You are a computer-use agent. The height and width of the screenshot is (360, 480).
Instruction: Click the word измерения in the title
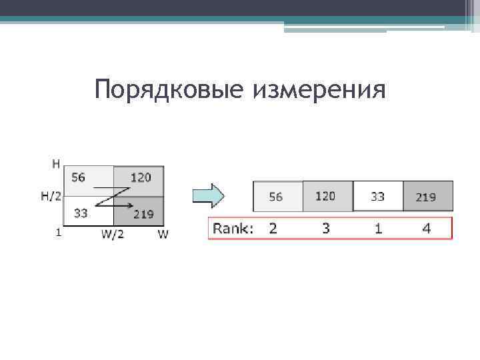[x=319, y=89]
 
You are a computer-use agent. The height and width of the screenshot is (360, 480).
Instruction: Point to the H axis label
[x=56, y=163]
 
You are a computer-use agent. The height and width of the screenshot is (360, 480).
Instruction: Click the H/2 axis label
[x=52, y=196]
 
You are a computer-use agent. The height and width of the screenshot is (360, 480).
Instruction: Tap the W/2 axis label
[x=113, y=235]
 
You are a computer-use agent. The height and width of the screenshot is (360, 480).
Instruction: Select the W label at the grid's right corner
[x=163, y=235]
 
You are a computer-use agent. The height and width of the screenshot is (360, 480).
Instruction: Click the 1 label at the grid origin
[x=59, y=233]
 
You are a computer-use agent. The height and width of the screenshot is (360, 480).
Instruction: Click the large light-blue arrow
[x=208, y=196]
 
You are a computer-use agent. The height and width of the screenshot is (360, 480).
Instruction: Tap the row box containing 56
[x=277, y=197]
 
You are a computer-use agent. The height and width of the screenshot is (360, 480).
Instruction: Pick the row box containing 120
[x=327, y=196]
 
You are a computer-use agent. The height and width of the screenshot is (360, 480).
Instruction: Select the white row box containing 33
[x=377, y=197]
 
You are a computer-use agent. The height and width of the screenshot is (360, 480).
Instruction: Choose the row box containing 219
[x=427, y=197]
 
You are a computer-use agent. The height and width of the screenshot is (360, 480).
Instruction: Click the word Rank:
[x=233, y=229]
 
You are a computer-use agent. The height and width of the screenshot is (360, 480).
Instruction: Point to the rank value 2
[x=273, y=229]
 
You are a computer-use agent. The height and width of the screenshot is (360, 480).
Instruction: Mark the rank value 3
[x=325, y=229]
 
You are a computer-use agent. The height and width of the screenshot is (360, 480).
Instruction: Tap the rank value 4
[x=427, y=229]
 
